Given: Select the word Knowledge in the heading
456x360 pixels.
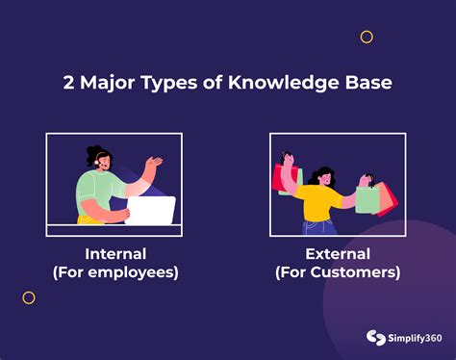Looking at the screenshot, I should click(x=279, y=84).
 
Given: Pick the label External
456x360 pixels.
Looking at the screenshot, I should click(x=337, y=254).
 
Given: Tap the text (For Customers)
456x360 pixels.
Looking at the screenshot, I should click(x=337, y=272).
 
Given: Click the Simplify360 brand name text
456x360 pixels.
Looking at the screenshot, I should click(x=413, y=338).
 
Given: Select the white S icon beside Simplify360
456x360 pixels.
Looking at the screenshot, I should click(x=374, y=338).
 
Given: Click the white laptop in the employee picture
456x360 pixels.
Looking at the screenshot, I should click(x=151, y=210).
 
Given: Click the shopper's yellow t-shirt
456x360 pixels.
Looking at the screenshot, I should click(x=317, y=202).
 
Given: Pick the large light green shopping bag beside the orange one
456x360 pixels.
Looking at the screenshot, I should click(x=367, y=198).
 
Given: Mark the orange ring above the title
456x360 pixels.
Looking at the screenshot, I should click(x=367, y=37).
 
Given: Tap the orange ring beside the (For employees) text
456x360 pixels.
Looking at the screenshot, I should click(x=28, y=297).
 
